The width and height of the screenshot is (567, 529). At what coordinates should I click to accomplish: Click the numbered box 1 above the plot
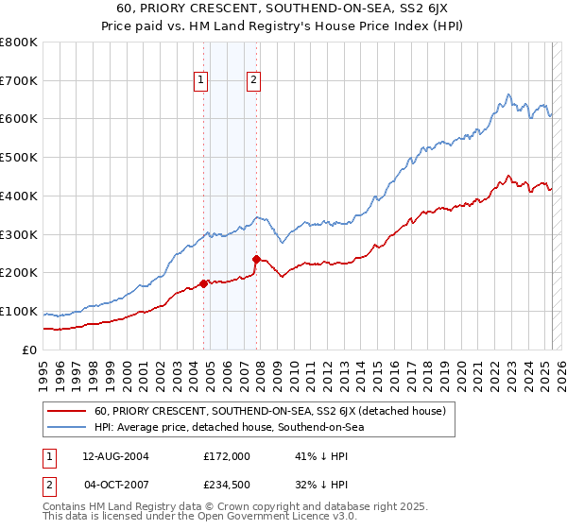coord(201,81)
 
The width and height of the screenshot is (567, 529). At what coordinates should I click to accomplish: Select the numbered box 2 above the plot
coord(254,81)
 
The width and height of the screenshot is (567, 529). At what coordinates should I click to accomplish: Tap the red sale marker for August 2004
coord(203,282)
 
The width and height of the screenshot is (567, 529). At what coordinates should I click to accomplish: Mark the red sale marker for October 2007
coord(256,259)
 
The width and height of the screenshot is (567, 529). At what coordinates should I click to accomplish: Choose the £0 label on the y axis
coord(30,350)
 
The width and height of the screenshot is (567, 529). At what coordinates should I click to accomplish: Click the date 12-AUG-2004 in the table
coord(115,456)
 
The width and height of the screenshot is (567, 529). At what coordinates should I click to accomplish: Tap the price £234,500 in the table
coord(226,485)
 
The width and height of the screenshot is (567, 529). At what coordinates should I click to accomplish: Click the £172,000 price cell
coord(226,456)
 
